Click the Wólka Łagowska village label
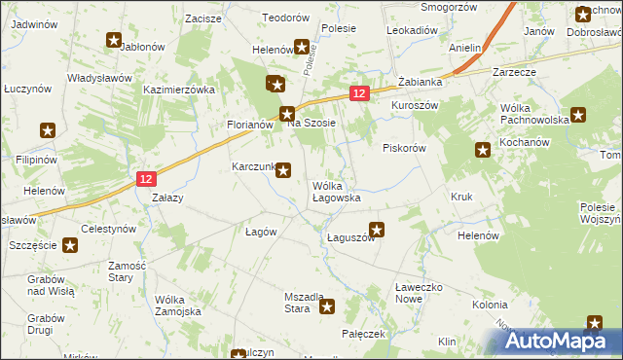[336, 191]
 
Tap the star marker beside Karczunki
[283, 171]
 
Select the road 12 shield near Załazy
[146, 179]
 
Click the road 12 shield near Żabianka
[359, 93]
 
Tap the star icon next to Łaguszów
[378, 231]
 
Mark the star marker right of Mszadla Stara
[327, 307]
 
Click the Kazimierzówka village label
[178, 89]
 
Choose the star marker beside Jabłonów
[113, 41]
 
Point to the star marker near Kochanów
[482, 150]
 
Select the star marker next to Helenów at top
[302, 46]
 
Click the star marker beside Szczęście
[69, 245]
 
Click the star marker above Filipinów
[47, 130]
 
